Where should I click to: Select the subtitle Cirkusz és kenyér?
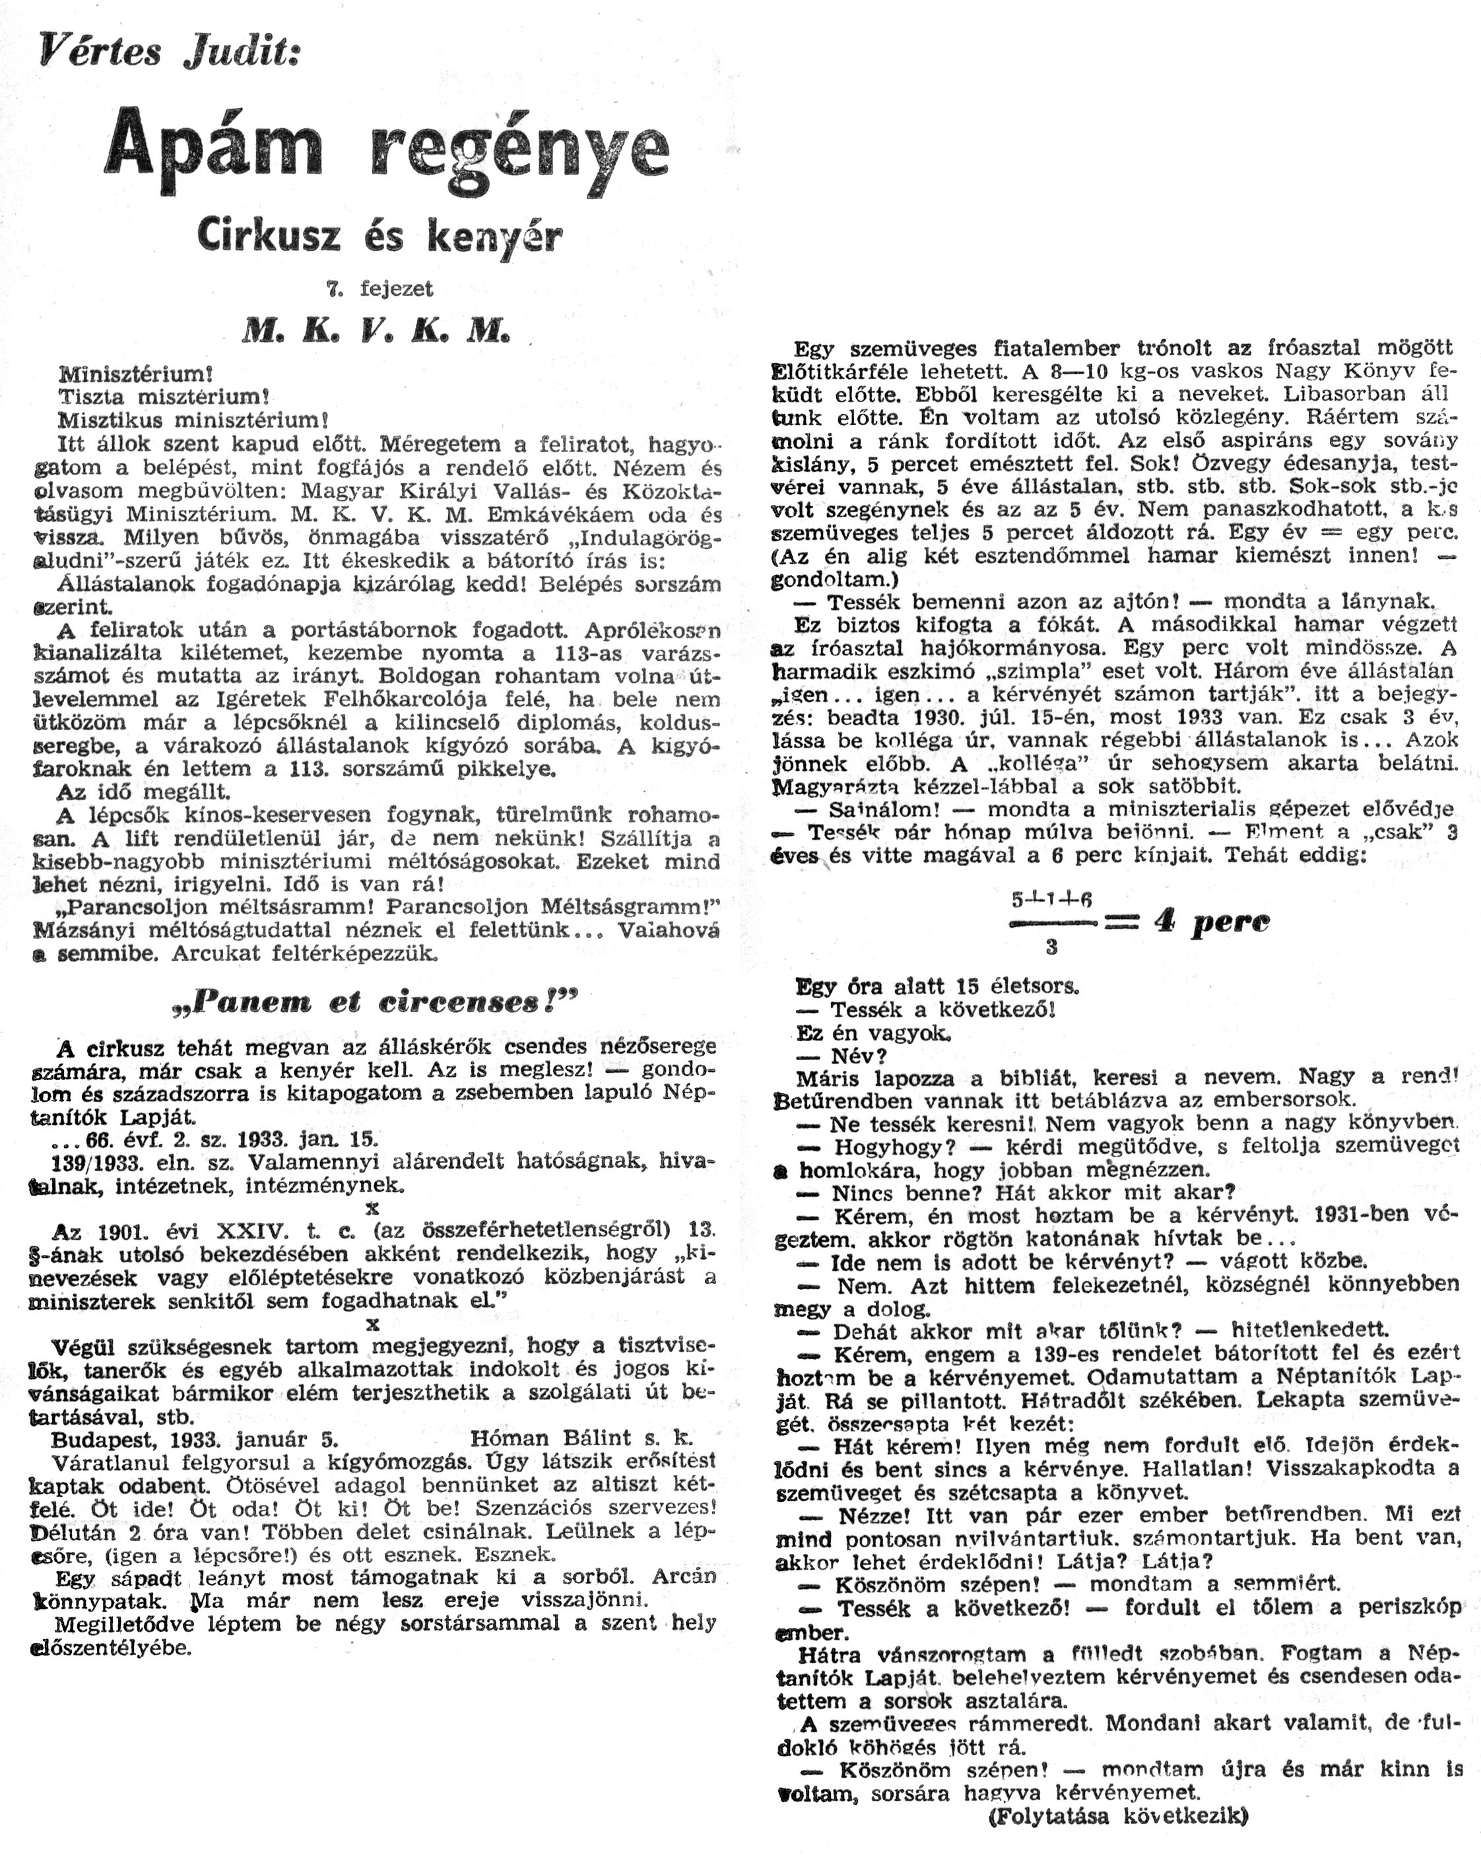click(x=379, y=235)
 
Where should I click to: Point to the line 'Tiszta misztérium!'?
click(x=164, y=397)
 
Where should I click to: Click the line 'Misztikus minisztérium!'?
click(x=193, y=421)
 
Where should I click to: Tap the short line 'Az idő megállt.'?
click(x=144, y=792)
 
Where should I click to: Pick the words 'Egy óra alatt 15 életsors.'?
click(x=937, y=986)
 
